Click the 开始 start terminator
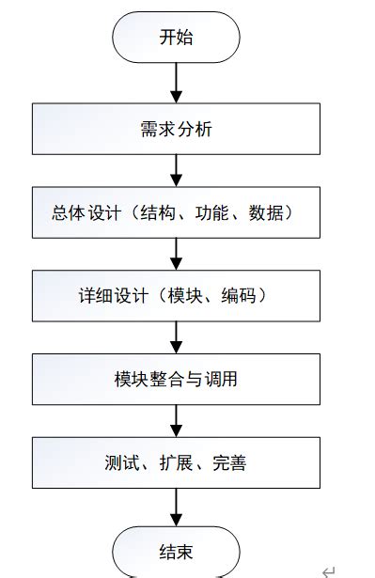click(x=176, y=38)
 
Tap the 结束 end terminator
click(x=176, y=552)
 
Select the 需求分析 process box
click(x=176, y=129)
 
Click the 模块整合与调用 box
click(x=176, y=380)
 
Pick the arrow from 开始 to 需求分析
click(x=176, y=82)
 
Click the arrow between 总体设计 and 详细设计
click(x=176, y=253)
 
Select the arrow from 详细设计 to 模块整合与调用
click(x=176, y=336)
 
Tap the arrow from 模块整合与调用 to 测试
click(x=176, y=419)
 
